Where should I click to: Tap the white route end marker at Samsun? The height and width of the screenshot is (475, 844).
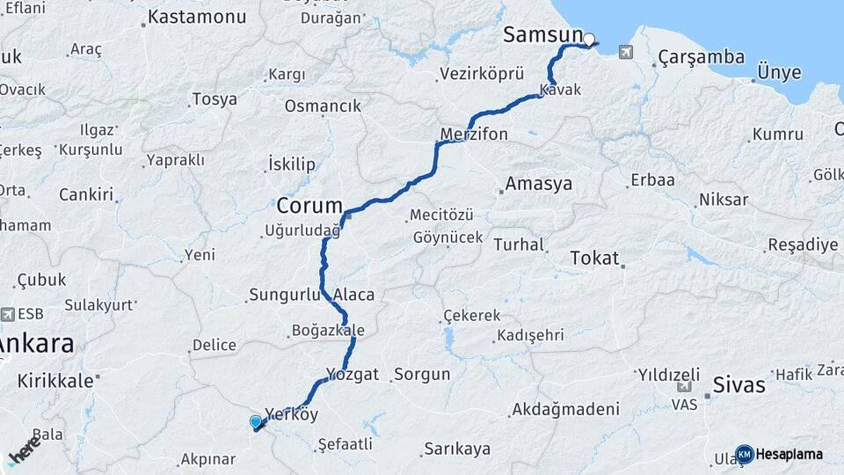pyautogui.click(x=589, y=40)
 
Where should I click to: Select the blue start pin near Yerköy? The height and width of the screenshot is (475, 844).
pyautogui.click(x=256, y=422)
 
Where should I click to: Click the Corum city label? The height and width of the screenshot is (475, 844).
pyautogui.click(x=309, y=206)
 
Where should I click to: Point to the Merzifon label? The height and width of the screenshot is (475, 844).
pyautogui.click(x=474, y=135)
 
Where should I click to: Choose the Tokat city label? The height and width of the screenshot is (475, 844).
pyautogui.click(x=595, y=259)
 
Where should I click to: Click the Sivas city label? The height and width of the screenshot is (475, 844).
pyautogui.click(x=738, y=385)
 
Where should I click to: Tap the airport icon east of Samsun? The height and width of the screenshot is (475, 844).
pyautogui.click(x=625, y=51)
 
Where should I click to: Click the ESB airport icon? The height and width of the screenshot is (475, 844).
pyautogui.click(x=8, y=314)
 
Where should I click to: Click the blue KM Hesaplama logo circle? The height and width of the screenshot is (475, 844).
pyautogui.click(x=744, y=454)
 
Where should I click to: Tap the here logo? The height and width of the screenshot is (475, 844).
pyautogui.click(x=24, y=449)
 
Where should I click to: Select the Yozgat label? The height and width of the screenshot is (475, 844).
pyautogui.click(x=352, y=374)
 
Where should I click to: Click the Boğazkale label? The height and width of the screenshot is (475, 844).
pyautogui.click(x=327, y=332)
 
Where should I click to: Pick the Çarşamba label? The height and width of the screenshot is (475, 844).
pyautogui.click(x=701, y=58)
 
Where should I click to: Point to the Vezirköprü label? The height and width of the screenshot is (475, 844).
pyautogui.click(x=482, y=74)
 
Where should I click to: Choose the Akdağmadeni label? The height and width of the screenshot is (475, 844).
pyautogui.click(x=564, y=409)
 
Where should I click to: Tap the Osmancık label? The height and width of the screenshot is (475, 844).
pyautogui.click(x=323, y=106)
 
